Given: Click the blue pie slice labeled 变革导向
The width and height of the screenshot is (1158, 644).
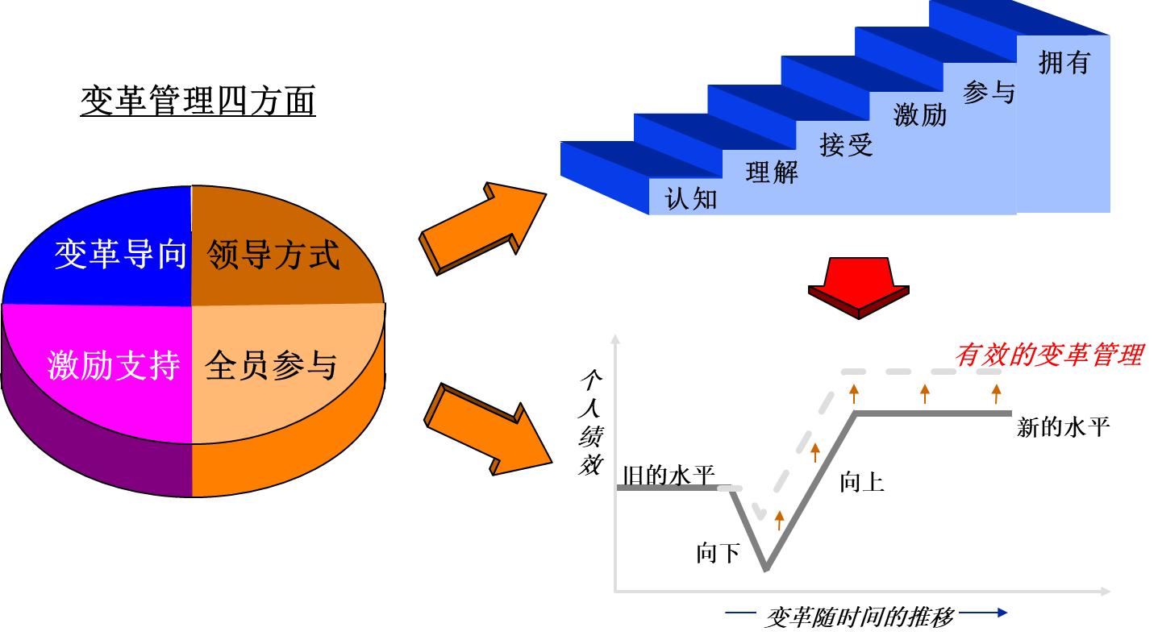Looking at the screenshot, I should pos(121,255).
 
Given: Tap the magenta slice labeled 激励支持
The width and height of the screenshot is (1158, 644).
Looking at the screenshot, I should pos(114,365).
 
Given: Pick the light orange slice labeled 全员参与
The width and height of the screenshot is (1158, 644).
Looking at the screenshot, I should pos(271,365).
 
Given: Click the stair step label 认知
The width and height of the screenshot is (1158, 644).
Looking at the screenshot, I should pos(691,198).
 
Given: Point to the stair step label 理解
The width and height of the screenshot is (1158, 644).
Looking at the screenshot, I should pos(772,172).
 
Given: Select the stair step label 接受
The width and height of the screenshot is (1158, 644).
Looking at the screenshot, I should pos(846,144).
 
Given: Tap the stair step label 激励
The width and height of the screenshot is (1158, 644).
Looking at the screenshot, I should pos(920,115).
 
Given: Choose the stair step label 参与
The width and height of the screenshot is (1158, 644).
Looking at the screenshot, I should pos(989,92).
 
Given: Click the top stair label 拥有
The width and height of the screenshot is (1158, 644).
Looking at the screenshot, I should pos(1064,62).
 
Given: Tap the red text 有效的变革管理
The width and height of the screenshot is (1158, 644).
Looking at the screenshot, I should pos(1048,355).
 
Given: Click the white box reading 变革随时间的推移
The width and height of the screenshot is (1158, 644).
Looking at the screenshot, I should pos(858,617).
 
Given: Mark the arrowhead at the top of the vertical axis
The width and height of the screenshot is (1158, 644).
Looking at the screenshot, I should pos(615,339).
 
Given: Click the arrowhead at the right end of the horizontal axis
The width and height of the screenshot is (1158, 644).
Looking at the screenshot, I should pos(1106,592).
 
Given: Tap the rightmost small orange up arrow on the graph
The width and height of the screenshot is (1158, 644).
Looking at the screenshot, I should pos(996,393).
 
